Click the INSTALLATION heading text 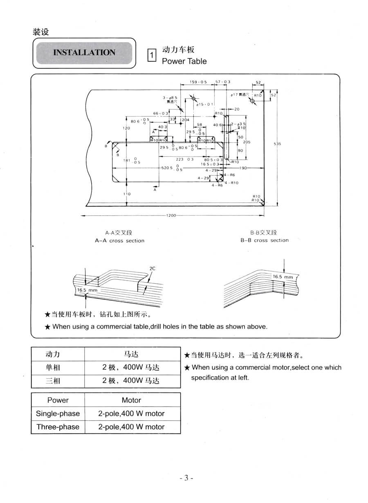point(84,52)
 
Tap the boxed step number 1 point(151,55)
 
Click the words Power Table point(184,61)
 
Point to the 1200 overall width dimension point(171,216)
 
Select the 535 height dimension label point(278,144)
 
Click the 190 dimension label point(244,168)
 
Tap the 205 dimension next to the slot point(247,141)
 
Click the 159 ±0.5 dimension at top point(198,82)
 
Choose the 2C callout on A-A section point(153,268)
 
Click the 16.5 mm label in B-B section point(283,277)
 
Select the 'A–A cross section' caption point(119,241)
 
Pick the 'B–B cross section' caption point(264,240)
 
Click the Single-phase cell point(58,413)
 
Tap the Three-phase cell point(58,427)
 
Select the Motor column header point(131,400)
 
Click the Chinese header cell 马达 point(131,354)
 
